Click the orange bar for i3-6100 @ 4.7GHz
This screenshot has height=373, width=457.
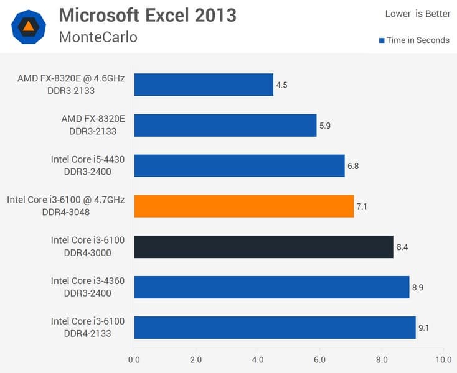(243, 206)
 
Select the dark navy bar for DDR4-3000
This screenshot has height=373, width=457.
(264, 247)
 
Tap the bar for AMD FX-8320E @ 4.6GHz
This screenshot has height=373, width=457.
(204, 85)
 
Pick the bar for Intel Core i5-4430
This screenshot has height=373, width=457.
(239, 166)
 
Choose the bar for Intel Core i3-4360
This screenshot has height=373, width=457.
(271, 287)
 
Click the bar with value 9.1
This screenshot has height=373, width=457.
(275, 328)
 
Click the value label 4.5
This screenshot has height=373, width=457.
(283, 85)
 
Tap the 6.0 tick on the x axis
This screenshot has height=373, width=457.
(319, 359)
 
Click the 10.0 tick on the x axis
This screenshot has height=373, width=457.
(443, 359)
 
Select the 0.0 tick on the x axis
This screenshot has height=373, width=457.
(134, 359)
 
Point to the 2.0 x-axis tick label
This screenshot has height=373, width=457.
(196, 359)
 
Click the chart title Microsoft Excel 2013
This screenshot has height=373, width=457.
(148, 15)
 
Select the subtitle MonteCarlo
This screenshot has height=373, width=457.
(98, 37)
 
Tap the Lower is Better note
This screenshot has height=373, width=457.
(418, 14)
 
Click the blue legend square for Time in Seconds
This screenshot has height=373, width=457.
(382, 40)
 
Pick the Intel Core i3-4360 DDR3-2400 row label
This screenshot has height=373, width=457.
(88, 287)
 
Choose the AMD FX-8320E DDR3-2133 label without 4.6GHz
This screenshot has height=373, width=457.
(93, 125)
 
